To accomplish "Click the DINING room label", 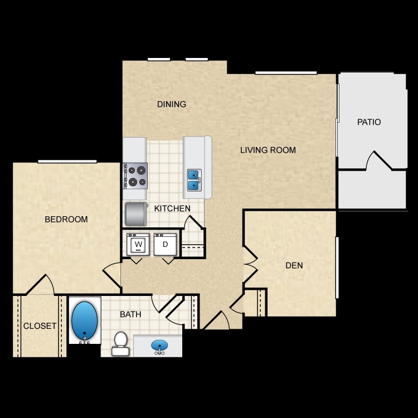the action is (172, 104).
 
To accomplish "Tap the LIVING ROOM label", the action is (268, 150).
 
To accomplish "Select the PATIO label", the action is (369, 122).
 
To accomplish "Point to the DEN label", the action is (294, 265).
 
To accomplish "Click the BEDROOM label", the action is (66, 220).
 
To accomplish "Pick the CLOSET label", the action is (40, 326).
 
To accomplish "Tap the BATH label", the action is (130, 314).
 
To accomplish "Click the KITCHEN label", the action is (172, 208).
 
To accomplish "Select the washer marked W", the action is (138, 244).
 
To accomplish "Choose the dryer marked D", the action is (166, 244).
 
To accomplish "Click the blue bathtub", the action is (85, 321).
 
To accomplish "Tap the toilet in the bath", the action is (120, 344).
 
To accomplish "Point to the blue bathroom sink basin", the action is (159, 346).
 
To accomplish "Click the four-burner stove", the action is (135, 176).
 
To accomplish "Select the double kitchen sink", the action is (194, 180).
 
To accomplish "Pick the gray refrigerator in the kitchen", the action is (136, 215).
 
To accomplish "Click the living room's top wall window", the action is (286, 73).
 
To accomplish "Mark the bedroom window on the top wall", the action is (67, 161).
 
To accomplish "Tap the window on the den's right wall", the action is (337, 268).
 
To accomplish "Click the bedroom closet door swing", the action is (41, 285).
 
